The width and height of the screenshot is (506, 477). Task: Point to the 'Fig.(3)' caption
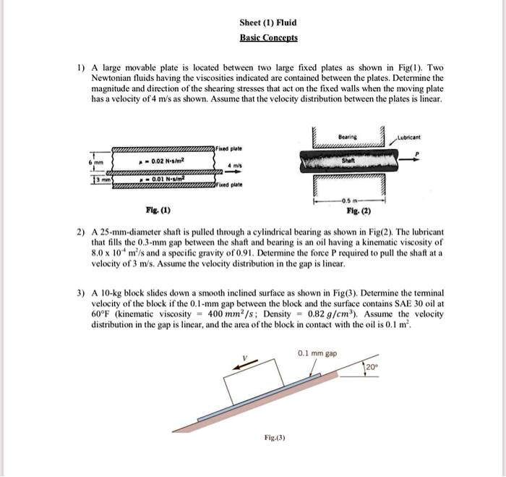point(275,438)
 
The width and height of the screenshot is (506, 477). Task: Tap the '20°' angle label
point(370,368)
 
